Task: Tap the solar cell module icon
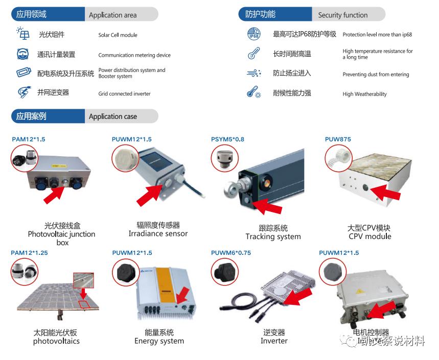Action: click(23, 34)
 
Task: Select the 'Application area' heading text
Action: click(112, 15)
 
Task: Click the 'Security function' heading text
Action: click(342, 15)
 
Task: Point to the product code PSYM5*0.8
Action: click(227, 139)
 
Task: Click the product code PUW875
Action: click(338, 139)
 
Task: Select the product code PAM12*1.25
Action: click(29, 253)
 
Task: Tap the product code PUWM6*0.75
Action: click(231, 253)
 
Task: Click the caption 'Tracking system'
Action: click(273, 236)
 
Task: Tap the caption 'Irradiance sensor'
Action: click(158, 233)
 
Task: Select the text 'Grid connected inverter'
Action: click(124, 94)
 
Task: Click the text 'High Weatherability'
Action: click(364, 94)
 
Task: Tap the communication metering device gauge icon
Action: click(23, 54)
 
